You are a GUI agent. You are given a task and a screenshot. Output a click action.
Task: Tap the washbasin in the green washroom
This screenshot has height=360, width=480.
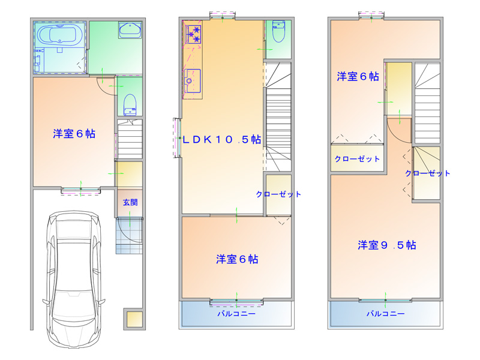tap(130, 30)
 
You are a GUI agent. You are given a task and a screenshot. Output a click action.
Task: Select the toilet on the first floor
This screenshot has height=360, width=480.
tap(130, 104)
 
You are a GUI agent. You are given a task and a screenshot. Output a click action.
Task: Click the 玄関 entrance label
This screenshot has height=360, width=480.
tap(130, 202)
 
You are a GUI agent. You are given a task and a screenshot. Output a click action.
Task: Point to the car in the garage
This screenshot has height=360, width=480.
tap(74, 281)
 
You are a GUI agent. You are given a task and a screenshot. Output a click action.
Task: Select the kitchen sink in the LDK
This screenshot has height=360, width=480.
tap(192, 80)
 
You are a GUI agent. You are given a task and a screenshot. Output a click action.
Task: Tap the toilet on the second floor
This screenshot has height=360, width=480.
tap(278, 31)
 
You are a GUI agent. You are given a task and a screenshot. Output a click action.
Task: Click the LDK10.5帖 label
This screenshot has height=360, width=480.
tap(221, 140)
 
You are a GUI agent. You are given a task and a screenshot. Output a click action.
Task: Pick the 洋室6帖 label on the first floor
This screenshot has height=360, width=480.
tap(74, 134)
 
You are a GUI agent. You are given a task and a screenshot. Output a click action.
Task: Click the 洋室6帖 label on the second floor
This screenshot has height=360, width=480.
tap(237, 259)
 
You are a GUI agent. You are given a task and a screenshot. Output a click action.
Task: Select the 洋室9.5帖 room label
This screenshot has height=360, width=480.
tap(386, 245)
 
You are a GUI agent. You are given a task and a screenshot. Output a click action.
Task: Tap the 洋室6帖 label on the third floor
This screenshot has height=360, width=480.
tap(358, 76)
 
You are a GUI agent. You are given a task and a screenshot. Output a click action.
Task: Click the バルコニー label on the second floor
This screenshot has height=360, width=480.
tap(236, 313)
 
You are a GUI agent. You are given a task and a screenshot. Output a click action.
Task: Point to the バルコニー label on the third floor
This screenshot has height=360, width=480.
tap(385, 313)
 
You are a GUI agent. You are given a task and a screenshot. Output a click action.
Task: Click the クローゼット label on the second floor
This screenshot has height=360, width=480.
tap(278, 194)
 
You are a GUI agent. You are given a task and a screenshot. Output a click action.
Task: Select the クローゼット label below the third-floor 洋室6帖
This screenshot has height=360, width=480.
tap(357, 159)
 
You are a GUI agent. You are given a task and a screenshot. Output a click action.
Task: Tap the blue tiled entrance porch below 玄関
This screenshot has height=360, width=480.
tap(129, 235)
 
